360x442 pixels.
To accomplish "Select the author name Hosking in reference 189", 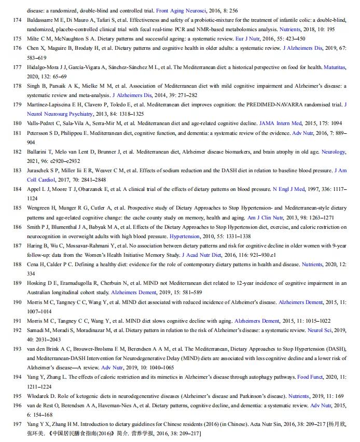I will click(37, 283).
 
